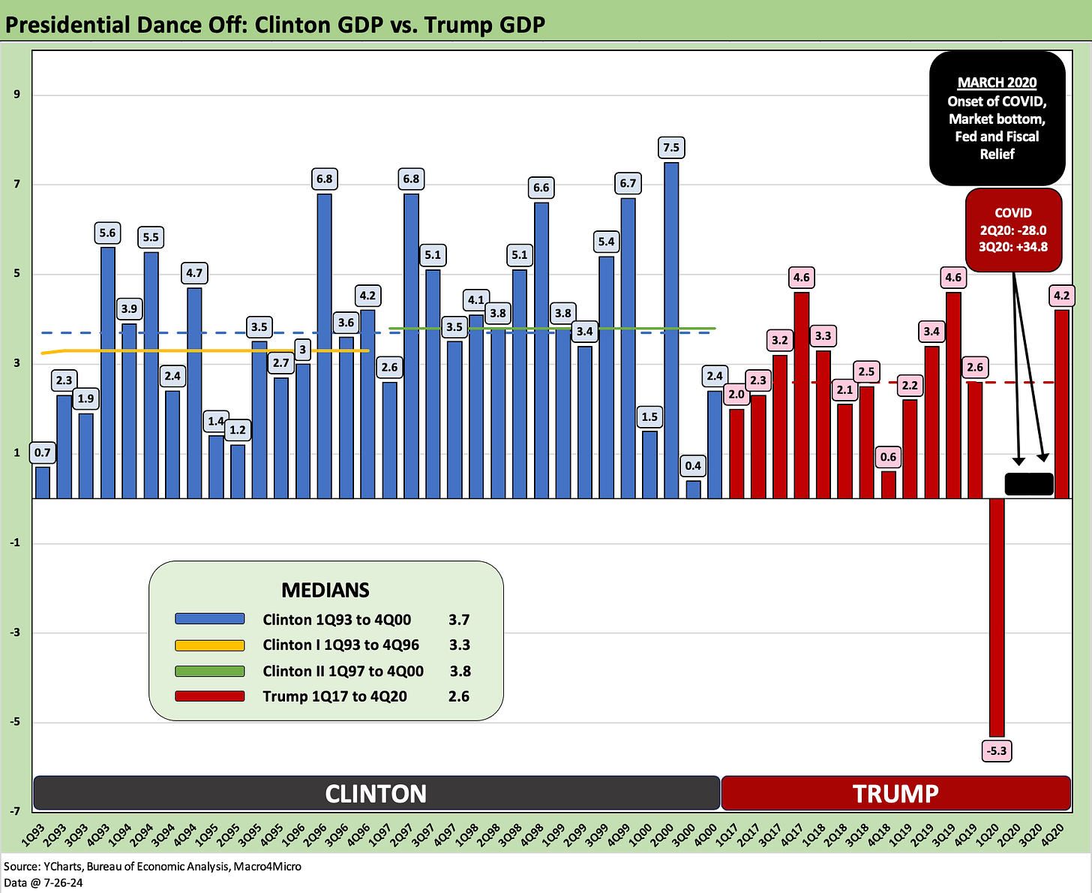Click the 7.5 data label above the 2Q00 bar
(x=671, y=148)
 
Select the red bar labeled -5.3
(x=997, y=615)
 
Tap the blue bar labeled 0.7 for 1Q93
(x=43, y=483)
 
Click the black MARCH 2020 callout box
(x=997, y=118)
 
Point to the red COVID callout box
(x=1013, y=230)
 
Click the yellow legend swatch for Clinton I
(x=209, y=645)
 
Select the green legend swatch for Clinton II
(x=209, y=671)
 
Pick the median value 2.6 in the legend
(x=458, y=696)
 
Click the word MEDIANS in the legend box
(x=325, y=590)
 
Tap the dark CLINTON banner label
(x=376, y=793)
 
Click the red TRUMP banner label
(x=895, y=793)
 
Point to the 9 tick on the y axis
(x=16, y=95)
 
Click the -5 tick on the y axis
(x=15, y=722)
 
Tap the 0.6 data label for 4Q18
(x=888, y=456)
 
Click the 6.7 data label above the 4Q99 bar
(x=628, y=183)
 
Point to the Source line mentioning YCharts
(x=153, y=866)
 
